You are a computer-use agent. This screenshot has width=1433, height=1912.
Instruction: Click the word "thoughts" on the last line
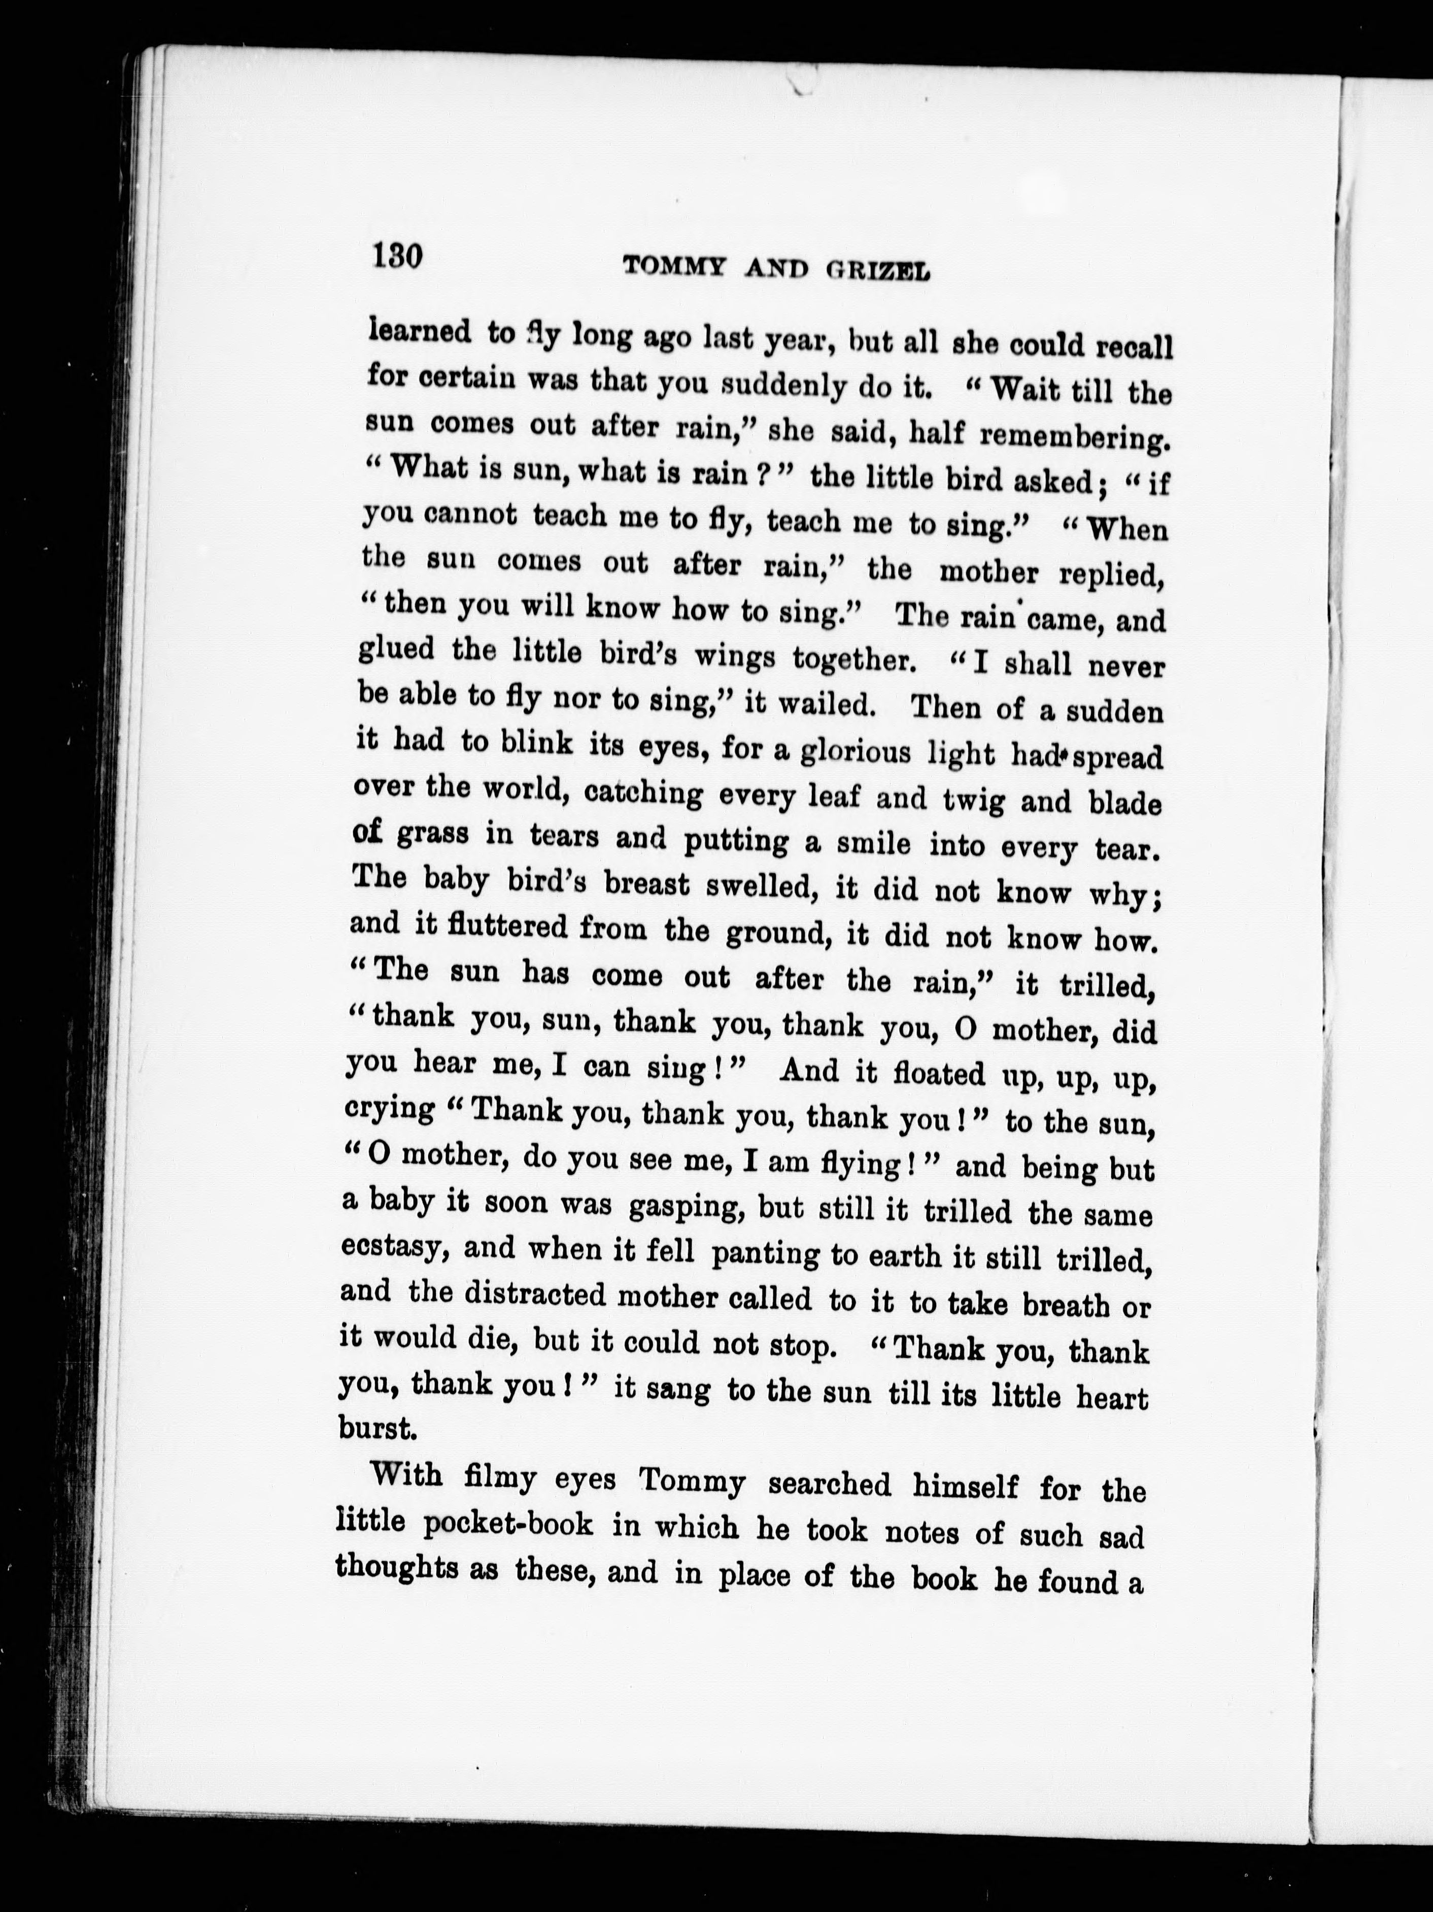pyautogui.click(x=397, y=1566)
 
